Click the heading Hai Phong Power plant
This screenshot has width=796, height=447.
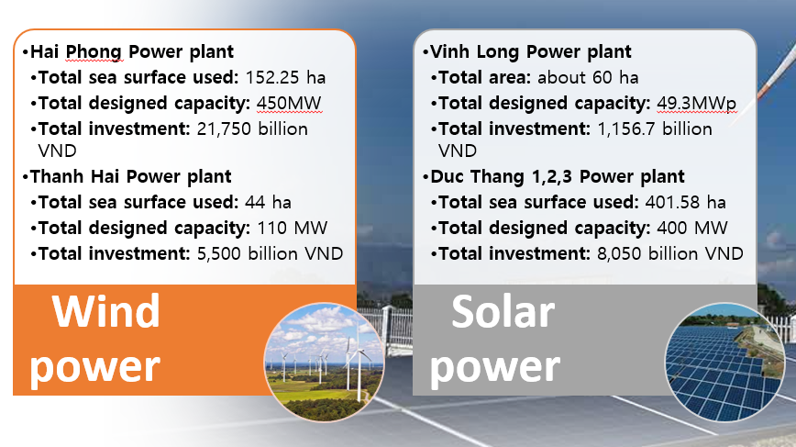[x=132, y=52]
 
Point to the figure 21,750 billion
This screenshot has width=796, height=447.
[x=252, y=129]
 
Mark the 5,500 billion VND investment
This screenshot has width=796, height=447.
[x=271, y=252]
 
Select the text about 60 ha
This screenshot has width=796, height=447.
[x=588, y=77]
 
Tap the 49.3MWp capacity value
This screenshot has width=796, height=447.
[x=697, y=103]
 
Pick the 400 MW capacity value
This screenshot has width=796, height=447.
[x=692, y=227]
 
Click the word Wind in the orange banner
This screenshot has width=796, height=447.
[x=105, y=311]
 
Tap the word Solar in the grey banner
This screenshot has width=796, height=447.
[x=503, y=313]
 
